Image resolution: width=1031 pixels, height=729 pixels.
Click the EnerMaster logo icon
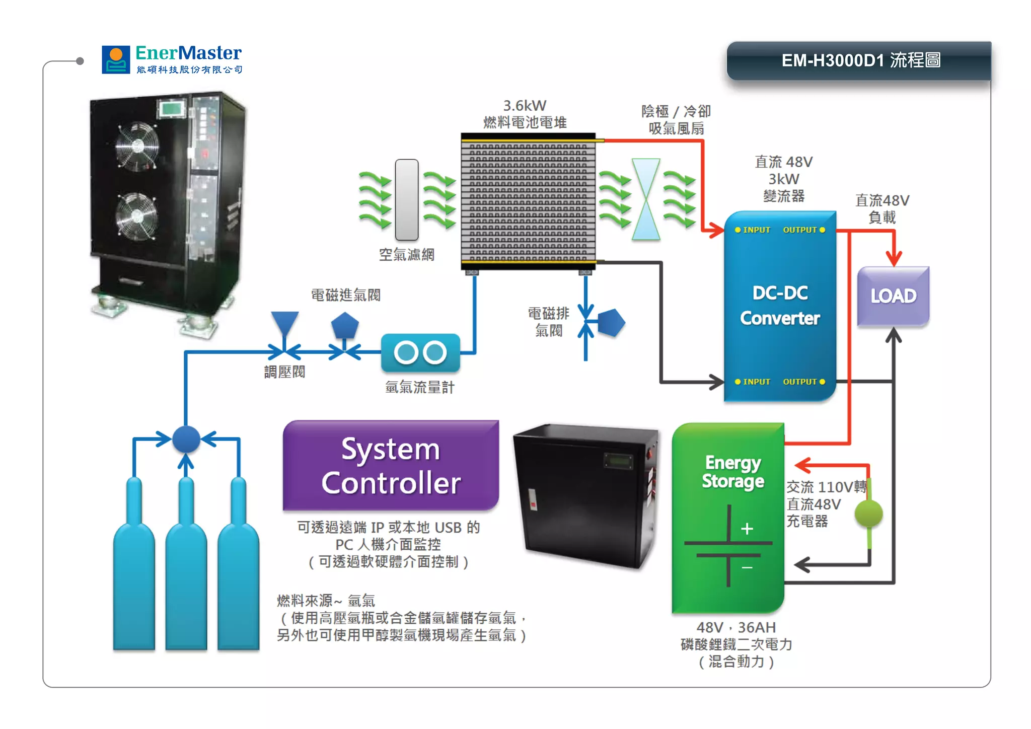(116, 60)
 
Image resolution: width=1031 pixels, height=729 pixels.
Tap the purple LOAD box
(893, 296)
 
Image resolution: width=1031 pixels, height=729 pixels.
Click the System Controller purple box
(391, 466)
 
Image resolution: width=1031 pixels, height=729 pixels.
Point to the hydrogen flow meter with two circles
(420, 352)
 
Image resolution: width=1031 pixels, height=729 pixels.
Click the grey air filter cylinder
(407, 200)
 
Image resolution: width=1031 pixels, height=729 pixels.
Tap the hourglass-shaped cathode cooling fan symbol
(646, 199)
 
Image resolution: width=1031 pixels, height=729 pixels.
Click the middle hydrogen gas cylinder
(186, 564)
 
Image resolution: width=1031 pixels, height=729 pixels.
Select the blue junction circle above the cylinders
(186, 439)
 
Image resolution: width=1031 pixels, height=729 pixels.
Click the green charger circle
(868, 514)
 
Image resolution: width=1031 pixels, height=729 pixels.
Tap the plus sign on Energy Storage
(747, 529)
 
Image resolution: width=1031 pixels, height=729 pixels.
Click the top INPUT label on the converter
(756, 230)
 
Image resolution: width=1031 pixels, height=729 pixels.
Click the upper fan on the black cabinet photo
(137, 146)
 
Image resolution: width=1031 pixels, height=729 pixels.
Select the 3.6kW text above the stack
(525, 106)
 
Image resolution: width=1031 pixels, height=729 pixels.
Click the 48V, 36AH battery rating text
(736, 627)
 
